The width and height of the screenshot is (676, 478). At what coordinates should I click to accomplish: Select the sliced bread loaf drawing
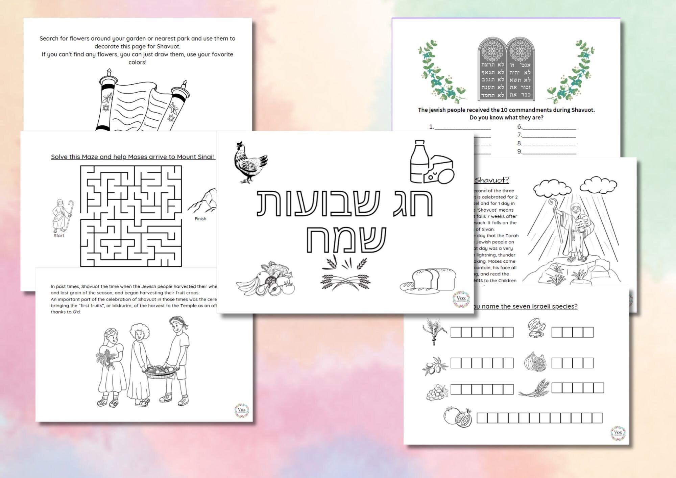pyautogui.click(x=428, y=280)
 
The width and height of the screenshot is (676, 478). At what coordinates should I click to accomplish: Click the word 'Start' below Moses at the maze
pyautogui.click(x=59, y=236)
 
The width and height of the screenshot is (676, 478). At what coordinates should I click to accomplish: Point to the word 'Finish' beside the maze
pyautogui.click(x=200, y=219)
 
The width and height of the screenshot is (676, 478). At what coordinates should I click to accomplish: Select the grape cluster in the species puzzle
pyautogui.click(x=436, y=392)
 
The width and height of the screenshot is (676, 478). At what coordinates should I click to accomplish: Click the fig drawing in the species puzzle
pyautogui.click(x=535, y=361)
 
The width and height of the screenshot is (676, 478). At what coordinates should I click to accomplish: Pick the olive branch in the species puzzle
pyautogui.click(x=434, y=365)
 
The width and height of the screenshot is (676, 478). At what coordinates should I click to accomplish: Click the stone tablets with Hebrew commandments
pyautogui.click(x=506, y=69)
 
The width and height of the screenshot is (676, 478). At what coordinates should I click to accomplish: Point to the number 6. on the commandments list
pyautogui.click(x=520, y=127)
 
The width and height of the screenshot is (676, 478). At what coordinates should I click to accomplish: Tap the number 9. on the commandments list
pyautogui.click(x=520, y=151)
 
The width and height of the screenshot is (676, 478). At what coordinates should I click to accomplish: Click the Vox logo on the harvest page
pyautogui.click(x=242, y=410)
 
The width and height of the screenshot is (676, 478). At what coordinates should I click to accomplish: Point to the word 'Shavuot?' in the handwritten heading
pyautogui.click(x=492, y=180)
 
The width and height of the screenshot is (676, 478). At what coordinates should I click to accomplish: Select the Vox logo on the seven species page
pyautogui.click(x=618, y=433)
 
